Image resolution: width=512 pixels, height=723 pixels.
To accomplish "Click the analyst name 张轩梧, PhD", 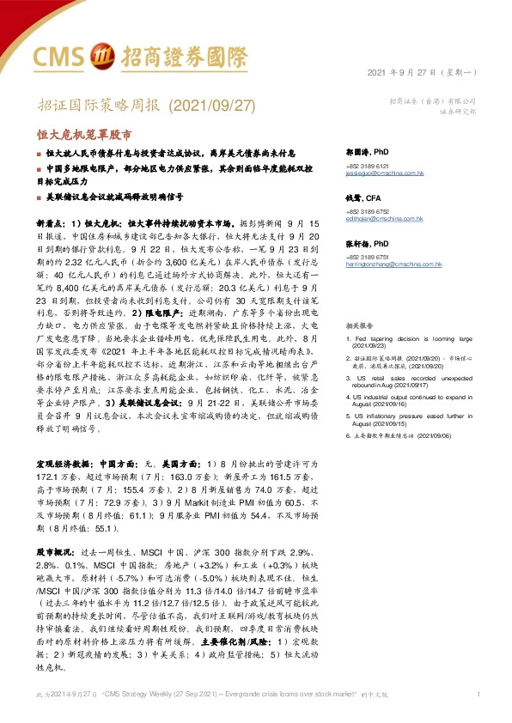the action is point(369,244).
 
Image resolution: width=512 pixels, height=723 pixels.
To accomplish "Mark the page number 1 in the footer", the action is point(477,694).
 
